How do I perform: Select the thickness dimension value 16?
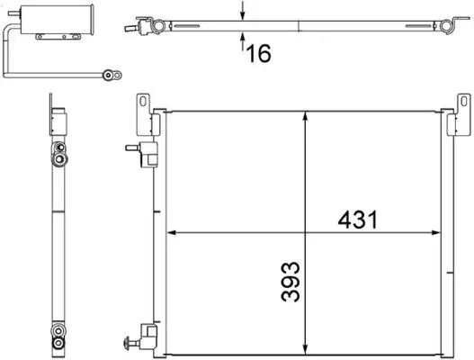click(x=258, y=54)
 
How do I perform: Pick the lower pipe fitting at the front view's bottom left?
click(x=136, y=342)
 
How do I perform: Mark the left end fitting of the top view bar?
click(x=148, y=21)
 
